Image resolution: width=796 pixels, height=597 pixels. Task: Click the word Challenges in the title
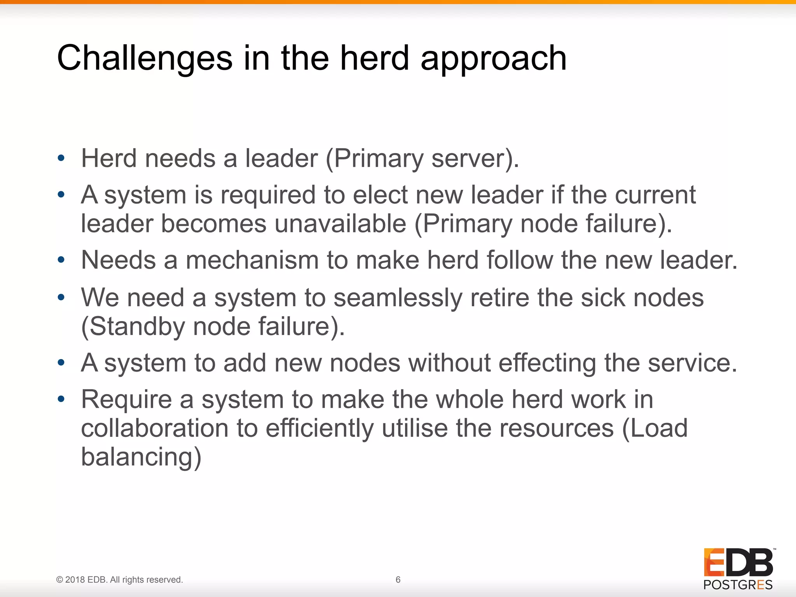pos(145,58)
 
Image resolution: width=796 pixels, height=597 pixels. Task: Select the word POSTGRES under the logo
pos(738,585)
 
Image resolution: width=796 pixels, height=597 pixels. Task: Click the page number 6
pos(398,580)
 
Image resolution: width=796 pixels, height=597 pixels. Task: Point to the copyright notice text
pos(120,580)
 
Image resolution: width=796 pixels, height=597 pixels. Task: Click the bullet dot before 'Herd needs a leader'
pos(61,158)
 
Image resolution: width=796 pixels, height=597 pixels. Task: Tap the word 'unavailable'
pos(340,224)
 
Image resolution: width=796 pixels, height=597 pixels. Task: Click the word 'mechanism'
pos(252,260)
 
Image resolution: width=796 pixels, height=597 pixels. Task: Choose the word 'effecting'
pos(547,363)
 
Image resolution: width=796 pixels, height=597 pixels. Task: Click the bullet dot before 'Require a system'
pos(61,399)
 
